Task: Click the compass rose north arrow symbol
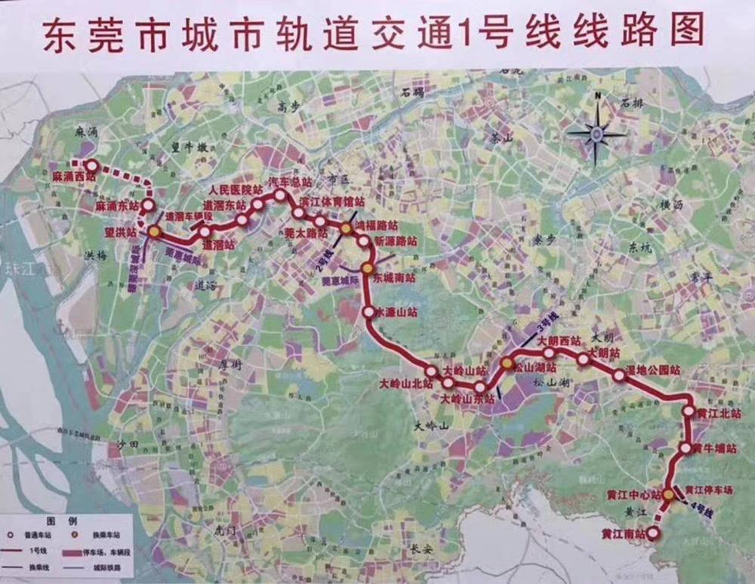click(x=596, y=132)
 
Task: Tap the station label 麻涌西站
click(x=75, y=178)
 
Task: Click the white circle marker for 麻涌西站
click(x=91, y=165)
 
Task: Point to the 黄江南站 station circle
click(x=654, y=533)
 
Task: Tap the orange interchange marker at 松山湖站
click(x=507, y=364)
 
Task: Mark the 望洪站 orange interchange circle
click(x=154, y=232)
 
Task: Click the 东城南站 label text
click(x=394, y=278)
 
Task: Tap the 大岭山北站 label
click(x=406, y=384)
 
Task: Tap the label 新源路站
click(x=395, y=240)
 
